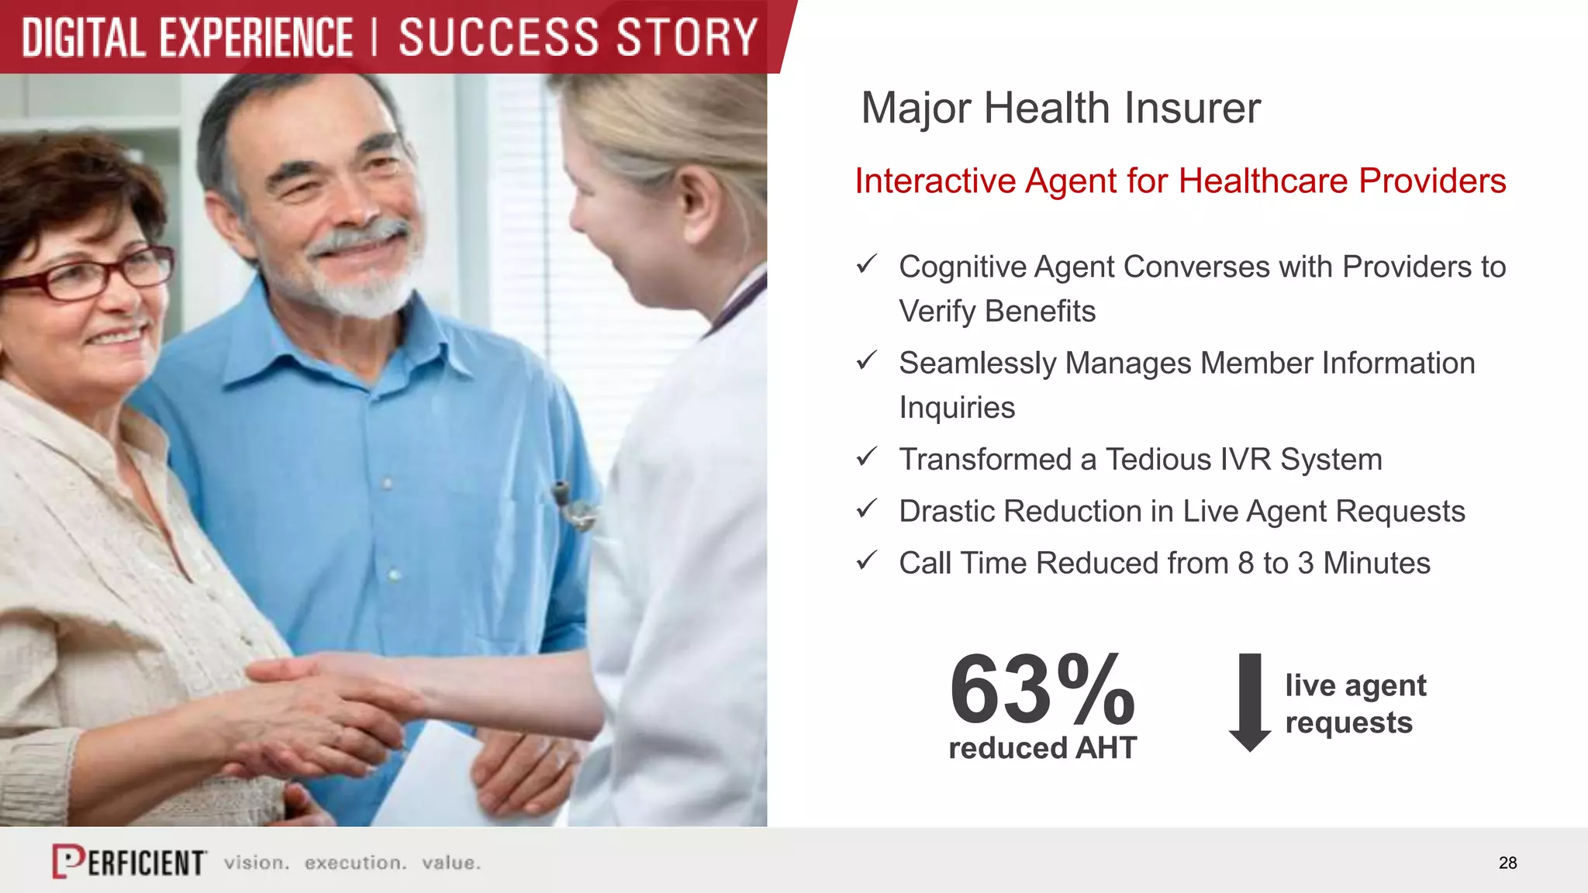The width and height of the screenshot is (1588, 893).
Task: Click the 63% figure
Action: (x=1042, y=689)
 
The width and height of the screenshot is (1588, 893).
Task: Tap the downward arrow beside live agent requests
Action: (x=1250, y=702)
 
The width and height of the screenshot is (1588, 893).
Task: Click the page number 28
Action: (x=1507, y=863)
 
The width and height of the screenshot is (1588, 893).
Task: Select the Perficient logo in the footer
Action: (x=129, y=861)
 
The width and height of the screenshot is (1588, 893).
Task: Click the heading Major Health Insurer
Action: (x=1060, y=108)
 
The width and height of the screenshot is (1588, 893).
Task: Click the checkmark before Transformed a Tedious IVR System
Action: (x=866, y=457)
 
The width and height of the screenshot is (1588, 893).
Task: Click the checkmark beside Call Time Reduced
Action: (x=866, y=560)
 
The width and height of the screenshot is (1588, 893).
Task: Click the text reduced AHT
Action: (x=1042, y=748)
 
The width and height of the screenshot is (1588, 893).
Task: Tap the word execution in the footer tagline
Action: (x=355, y=863)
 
